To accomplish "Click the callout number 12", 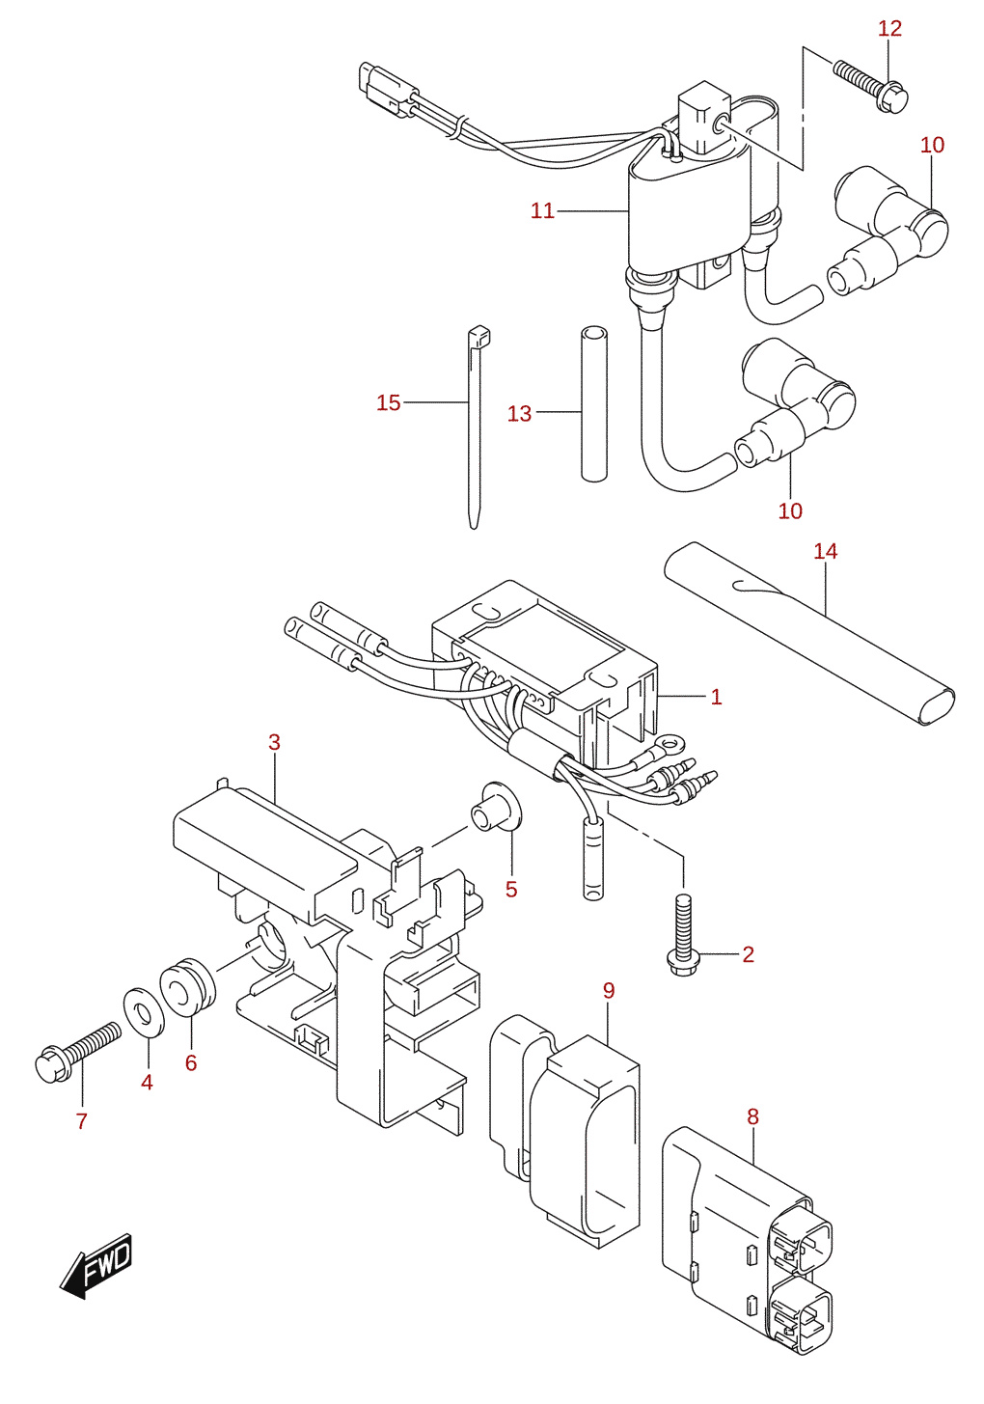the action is tap(889, 28).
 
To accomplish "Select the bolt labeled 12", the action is tap(870, 87).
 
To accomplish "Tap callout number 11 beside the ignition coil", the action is tap(543, 211).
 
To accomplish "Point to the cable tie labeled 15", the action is tap(476, 427).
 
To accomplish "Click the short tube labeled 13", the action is tap(594, 403).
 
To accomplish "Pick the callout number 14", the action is tap(826, 552).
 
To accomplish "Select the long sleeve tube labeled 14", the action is tap(809, 633).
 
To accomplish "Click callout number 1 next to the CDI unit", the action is tap(717, 697).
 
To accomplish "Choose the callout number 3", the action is tap(274, 742).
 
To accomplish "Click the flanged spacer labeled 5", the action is tap(497, 807).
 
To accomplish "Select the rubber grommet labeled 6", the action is tap(187, 985).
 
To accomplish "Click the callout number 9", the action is tap(609, 991).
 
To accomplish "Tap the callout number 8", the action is tap(752, 1116).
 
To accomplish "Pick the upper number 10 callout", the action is tap(932, 145).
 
